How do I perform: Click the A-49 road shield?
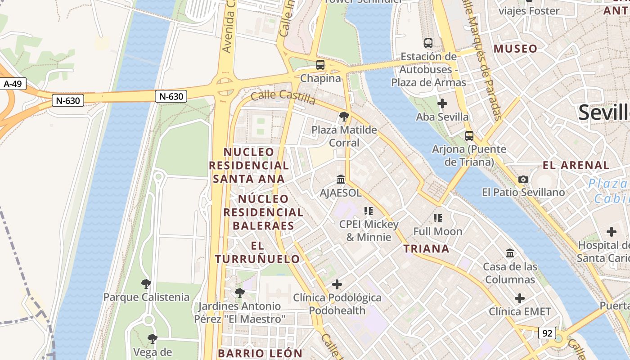[13, 84]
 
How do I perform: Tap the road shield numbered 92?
[547, 333]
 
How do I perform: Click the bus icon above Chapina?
[320, 65]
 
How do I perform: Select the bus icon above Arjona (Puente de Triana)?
[469, 135]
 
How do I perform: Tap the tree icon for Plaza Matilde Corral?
[344, 117]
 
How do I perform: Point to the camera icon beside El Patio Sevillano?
[523, 179]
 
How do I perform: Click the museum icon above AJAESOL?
[341, 180]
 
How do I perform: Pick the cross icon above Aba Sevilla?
[442, 103]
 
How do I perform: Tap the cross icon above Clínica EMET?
[520, 298]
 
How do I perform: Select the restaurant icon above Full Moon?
[438, 218]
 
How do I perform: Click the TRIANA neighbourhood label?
[426, 249]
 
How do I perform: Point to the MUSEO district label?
[516, 49]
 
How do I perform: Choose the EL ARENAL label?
[576, 165]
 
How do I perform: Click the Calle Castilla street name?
[283, 97]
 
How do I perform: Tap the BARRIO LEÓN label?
[260, 353]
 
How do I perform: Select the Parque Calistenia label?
[146, 297]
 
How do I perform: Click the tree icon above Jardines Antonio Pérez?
[240, 293]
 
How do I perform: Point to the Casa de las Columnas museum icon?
[510, 253]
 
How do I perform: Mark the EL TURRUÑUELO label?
[257, 252]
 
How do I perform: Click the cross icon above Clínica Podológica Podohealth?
[337, 284]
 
